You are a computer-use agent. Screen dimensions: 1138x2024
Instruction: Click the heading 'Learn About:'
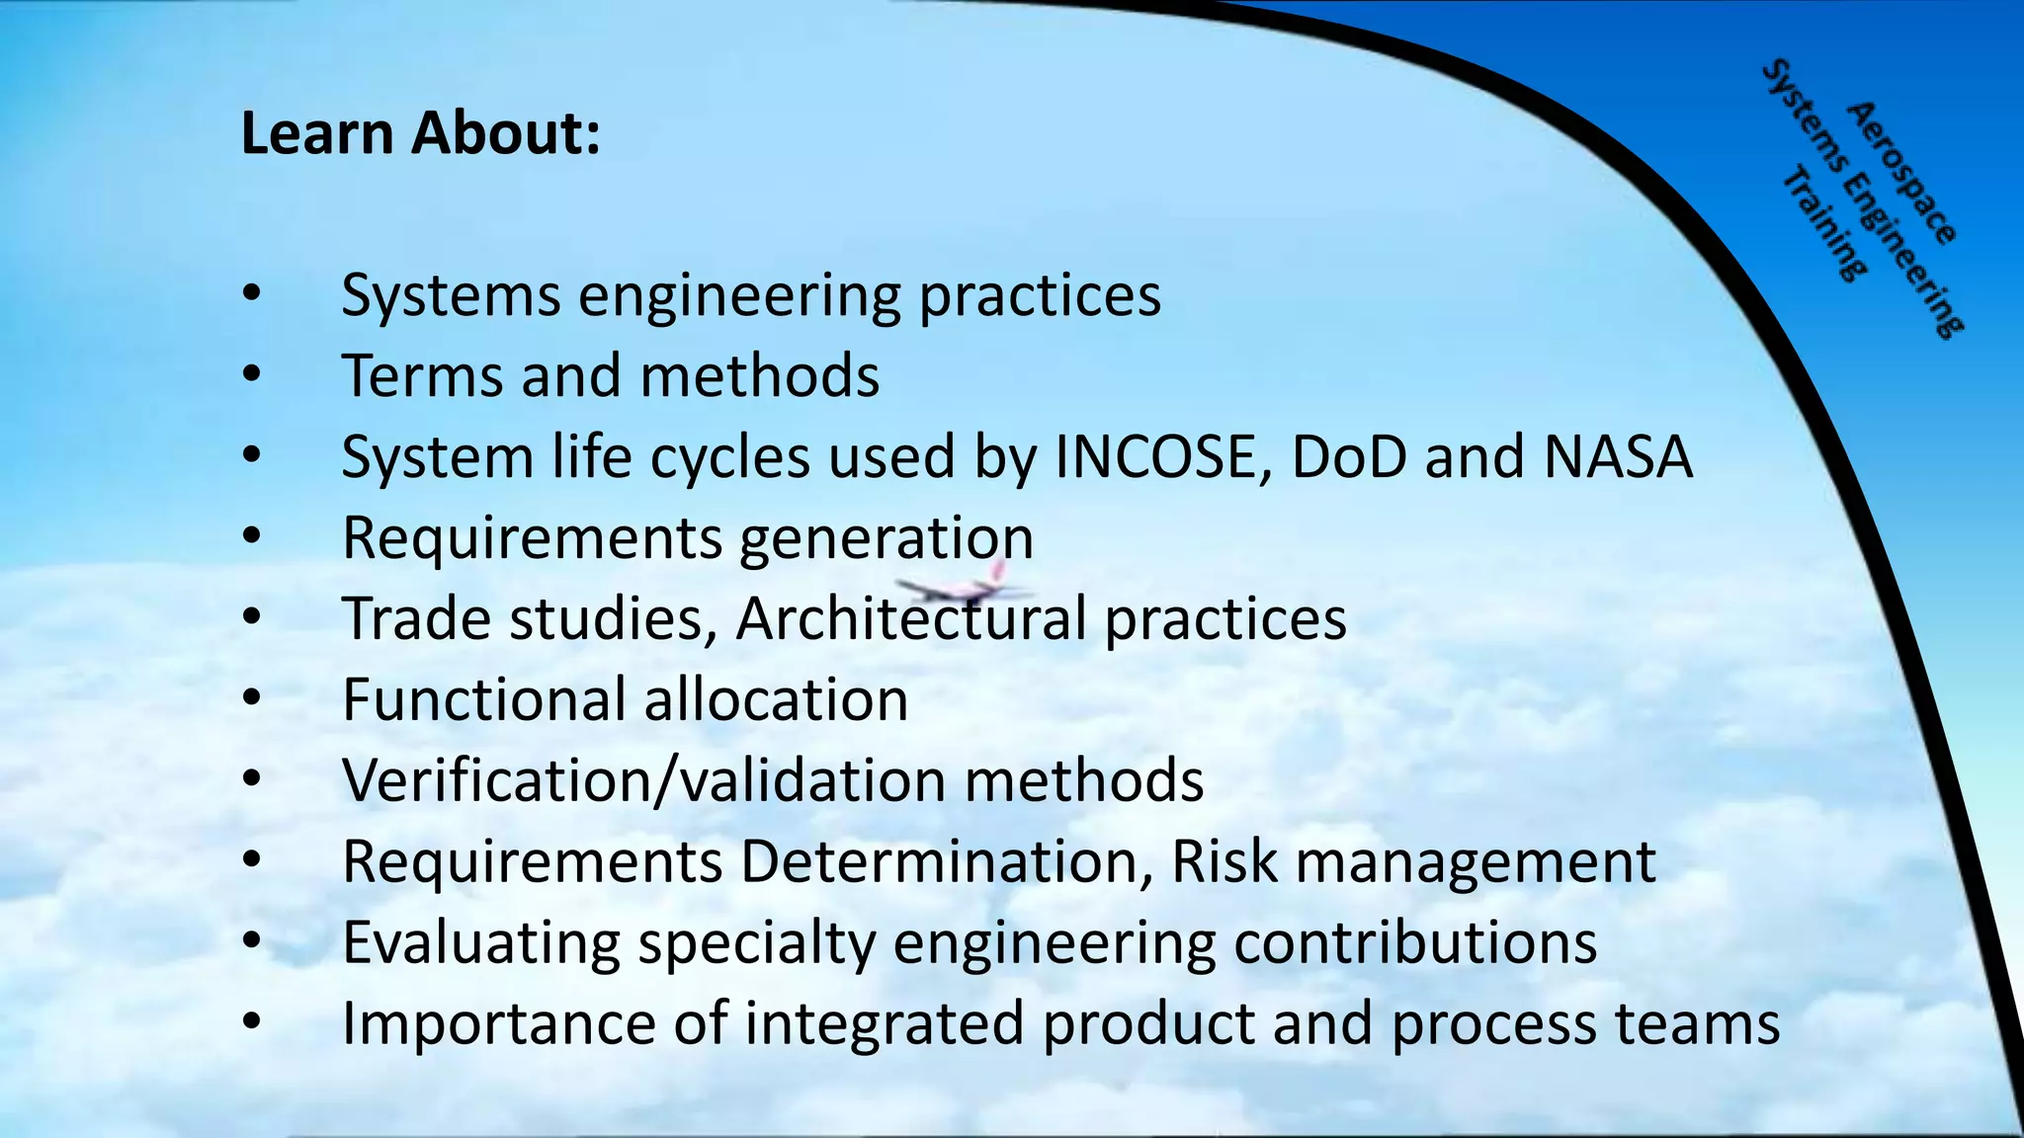420,133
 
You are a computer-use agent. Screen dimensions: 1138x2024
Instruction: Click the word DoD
1348,457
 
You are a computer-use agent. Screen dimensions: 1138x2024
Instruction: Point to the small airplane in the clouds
964,589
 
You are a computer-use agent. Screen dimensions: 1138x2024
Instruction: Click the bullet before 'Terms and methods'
251,375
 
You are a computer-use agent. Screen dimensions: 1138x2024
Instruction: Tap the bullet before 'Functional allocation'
251,699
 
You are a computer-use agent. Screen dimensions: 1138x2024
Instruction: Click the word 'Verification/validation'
643,780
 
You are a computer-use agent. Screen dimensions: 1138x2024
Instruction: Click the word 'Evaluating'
480,942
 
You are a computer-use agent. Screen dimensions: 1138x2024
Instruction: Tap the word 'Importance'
498,1023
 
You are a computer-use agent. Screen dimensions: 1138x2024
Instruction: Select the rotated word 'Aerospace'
1901,172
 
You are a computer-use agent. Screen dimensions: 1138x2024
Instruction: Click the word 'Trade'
416,619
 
